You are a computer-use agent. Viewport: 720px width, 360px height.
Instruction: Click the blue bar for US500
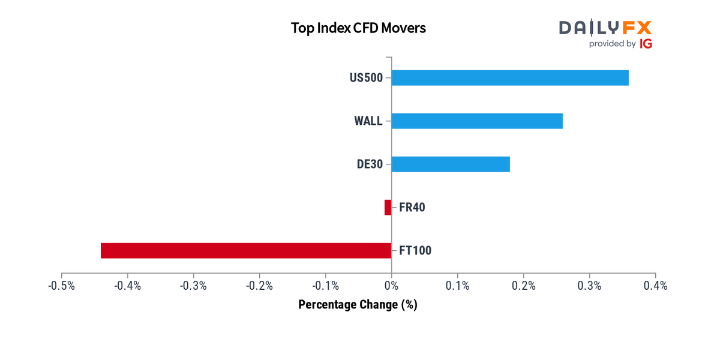tap(510, 78)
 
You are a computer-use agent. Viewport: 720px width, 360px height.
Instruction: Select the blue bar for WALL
tap(477, 121)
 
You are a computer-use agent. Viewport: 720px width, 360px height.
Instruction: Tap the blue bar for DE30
tap(451, 164)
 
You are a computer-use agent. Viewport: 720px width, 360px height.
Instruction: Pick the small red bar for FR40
tap(388, 208)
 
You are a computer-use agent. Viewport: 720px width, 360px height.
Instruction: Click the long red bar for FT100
tap(246, 251)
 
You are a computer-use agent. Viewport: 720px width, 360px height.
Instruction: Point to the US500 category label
tap(366, 78)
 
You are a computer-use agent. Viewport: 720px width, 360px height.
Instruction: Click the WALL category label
tap(368, 121)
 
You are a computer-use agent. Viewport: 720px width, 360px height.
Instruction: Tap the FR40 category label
tap(412, 208)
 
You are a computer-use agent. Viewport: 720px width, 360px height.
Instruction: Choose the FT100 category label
tap(415, 251)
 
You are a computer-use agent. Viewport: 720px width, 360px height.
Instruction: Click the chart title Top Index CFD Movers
tap(358, 28)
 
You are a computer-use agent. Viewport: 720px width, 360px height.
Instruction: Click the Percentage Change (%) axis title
tap(358, 305)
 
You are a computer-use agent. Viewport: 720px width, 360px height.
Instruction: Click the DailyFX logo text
tap(605, 28)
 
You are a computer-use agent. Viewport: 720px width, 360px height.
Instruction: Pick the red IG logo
tap(646, 44)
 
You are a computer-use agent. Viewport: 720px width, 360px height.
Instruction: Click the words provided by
tap(612, 44)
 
